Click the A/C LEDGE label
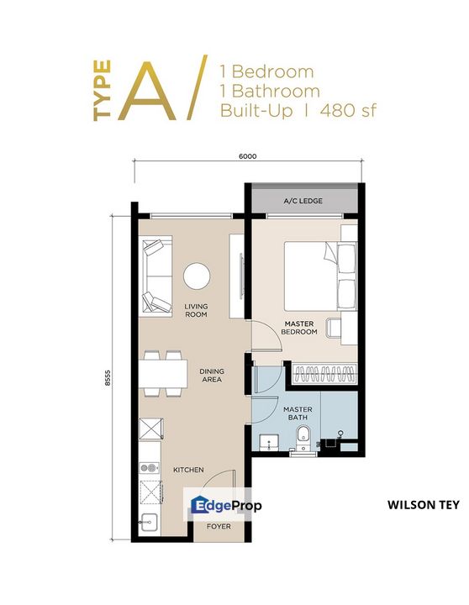(x=303, y=201)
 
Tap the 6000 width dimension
(x=247, y=156)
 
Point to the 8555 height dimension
(x=108, y=378)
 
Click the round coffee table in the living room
(x=197, y=276)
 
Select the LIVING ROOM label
(x=196, y=310)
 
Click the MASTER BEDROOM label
(x=299, y=328)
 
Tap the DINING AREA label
(x=212, y=375)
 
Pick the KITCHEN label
(x=188, y=470)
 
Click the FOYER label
(x=219, y=526)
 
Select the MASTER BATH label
(x=298, y=413)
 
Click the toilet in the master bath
(x=303, y=438)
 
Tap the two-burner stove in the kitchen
(x=150, y=468)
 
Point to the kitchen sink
(x=150, y=523)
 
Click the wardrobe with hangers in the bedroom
(x=324, y=373)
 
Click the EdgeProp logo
(x=226, y=506)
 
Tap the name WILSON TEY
(x=424, y=505)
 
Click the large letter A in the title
(x=147, y=91)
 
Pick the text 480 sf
(x=348, y=111)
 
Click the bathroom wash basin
(x=270, y=442)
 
